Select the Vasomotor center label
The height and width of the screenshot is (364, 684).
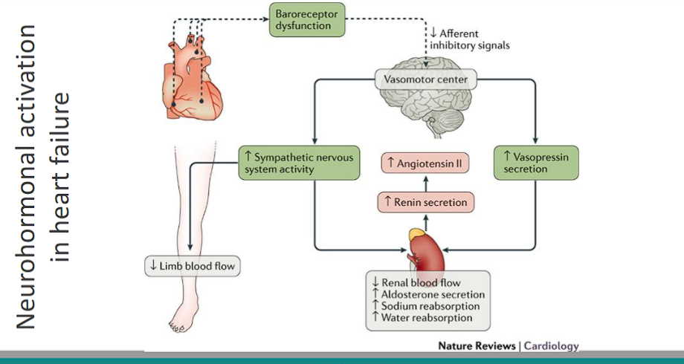click(425, 79)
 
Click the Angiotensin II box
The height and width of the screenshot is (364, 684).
click(425, 162)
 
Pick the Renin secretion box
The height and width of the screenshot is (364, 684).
click(425, 201)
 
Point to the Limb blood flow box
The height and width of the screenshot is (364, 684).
click(193, 267)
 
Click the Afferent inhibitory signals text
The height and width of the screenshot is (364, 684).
click(470, 39)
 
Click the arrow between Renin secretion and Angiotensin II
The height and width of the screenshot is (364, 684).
click(425, 182)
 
